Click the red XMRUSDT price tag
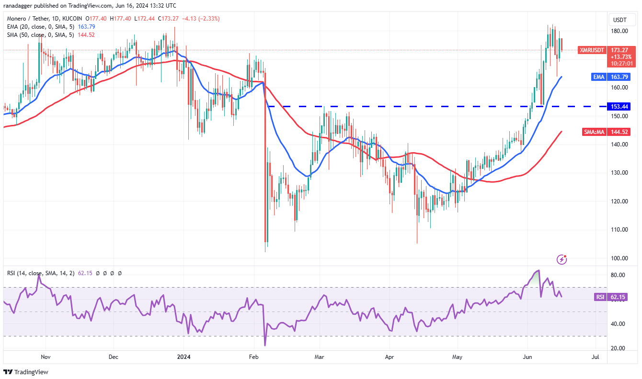point(592,50)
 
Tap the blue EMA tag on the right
point(597,77)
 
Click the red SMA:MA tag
point(594,132)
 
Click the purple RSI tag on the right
point(600,297)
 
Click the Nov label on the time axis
point(46,357)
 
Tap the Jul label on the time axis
point(596,357)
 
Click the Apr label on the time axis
point(389,357)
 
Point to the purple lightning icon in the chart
point(562,259)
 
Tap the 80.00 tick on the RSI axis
point(618,275)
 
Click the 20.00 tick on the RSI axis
point(618,348)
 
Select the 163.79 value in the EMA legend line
point(86,26)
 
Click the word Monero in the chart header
point(17,19)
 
